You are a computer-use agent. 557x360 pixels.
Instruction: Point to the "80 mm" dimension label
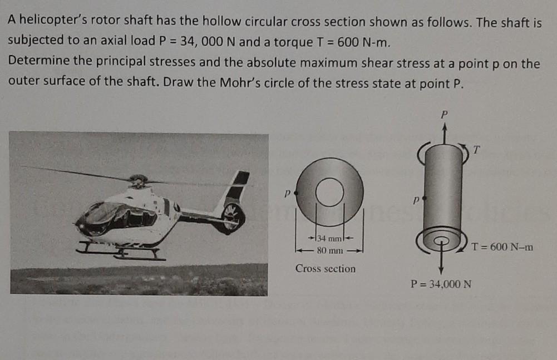(x=329, y=250)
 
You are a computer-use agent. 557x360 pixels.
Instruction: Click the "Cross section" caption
(x=326, y=269)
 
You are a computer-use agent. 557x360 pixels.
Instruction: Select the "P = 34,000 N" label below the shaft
(x=441, y=284)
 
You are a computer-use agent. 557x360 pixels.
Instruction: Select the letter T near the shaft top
(x=476, y=149)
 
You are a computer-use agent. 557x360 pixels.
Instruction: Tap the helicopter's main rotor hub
(x=137, y=180)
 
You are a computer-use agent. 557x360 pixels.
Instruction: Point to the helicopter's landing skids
(x=120, y=253)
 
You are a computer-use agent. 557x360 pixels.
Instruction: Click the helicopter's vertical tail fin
(x=236, y=186)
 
